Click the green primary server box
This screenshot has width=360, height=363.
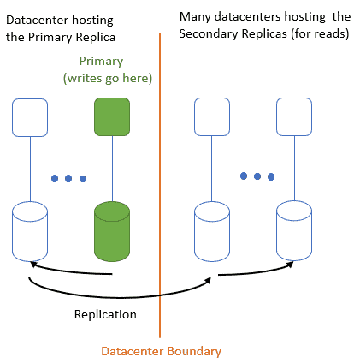coord(112,116)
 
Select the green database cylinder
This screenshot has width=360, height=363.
coord(112,231)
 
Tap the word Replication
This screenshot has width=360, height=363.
coord(105,314)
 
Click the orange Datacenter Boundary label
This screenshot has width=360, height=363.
coord(162,351)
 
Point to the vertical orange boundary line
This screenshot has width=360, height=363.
coord(160,186)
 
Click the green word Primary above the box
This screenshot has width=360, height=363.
coord(101,62)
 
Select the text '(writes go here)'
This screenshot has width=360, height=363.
coord(108,78)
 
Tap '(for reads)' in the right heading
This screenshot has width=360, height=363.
coord(320,33)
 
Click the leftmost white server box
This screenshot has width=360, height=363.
coord(30,117)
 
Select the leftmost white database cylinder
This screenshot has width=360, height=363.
coord(30,231)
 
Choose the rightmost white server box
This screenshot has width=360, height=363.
coord(294,116)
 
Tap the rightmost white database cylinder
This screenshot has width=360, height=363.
coord(294,230)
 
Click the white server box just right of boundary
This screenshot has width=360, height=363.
coord(212,116)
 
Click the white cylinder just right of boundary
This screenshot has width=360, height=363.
coord(212,231)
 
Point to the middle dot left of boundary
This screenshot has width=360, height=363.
coord(68,179)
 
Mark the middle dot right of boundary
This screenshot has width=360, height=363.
coord(257,176)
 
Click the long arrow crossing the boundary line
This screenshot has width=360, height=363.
coord(120,298)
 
